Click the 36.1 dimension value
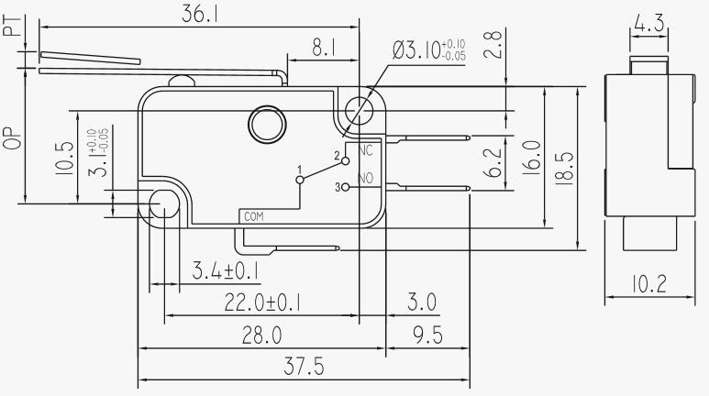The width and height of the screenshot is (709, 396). click(x=200, y=14)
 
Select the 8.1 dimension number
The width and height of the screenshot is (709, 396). click(x=324, y=48)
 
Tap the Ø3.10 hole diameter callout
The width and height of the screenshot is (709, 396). click(x=428, y=49)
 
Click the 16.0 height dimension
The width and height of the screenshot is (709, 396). click(x=532, y=158)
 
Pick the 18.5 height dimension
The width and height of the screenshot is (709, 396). click(x=564, y=168)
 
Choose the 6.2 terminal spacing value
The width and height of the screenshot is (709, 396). click(x=494, y=163)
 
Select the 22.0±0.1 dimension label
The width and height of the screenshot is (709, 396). click(x=263, y=302)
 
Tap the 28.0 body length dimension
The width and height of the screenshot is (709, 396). click(x=261, y=335)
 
